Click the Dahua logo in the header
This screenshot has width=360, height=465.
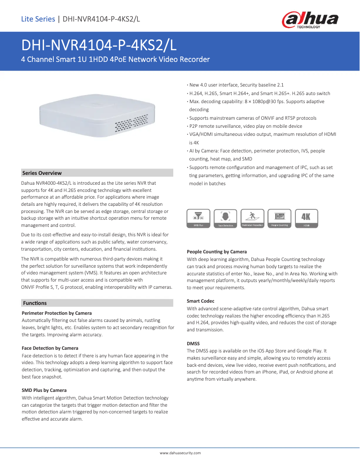(x=310, y=20)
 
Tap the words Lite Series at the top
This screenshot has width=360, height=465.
(x=38, y=19)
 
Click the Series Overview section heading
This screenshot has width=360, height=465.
(x=42, y=173)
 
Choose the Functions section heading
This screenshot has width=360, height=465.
(x=35, y=303)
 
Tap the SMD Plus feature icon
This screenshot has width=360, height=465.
(x=198, y=218)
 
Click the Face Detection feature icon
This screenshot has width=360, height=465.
(x=225, y=218)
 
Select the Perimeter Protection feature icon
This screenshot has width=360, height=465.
(x=252, y=218)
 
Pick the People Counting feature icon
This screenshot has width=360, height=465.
(x=279, y=218)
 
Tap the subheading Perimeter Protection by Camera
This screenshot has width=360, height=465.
(x=57, y=313)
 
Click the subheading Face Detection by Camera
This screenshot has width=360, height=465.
(x=50, y=348)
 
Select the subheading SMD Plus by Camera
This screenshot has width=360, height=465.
(x=44, y=390)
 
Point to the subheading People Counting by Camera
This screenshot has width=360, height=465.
(x=216, y=252)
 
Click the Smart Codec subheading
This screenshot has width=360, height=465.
(x=200, y=301)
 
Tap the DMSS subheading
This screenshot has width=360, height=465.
(x=193, y=343)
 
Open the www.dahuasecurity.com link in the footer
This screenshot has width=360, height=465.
(x=180, y=453)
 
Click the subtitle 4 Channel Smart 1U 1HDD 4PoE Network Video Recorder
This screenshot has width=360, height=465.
(x=115, y=59)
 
